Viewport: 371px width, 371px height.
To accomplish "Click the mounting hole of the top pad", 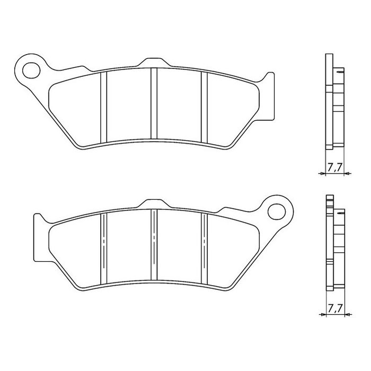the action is tap(31, 70).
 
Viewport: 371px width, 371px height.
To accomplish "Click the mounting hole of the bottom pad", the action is tap(277, 211).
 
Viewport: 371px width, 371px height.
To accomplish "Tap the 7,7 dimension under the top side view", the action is tap(334, 167).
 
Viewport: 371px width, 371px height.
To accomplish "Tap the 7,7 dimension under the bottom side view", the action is tap(335, 308).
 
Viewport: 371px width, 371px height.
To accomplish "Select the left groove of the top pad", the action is tap(104, 108).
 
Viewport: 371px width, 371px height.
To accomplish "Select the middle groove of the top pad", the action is tap(154, 103).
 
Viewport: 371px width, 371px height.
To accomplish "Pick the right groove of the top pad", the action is tap(204, 108).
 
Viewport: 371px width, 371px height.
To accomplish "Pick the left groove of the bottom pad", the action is tap(104, 249).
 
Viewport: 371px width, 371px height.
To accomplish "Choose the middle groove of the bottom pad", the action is tap(154, 245).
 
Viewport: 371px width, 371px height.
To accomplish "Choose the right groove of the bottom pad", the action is tap(204, 249).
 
